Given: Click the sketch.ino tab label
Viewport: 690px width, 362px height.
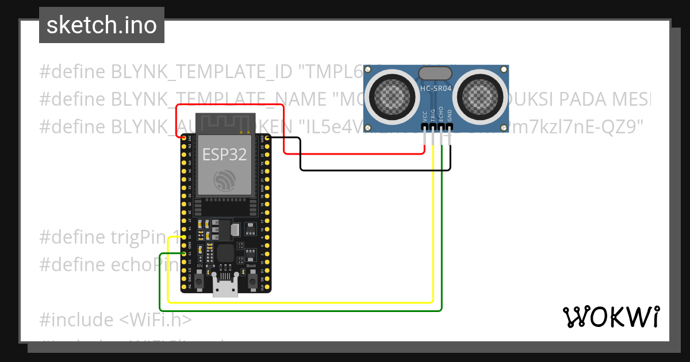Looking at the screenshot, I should coord(101,25).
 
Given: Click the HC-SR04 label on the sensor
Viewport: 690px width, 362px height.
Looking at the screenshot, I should coord(435,88).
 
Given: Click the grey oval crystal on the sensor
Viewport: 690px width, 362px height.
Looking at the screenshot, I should coord(435,73).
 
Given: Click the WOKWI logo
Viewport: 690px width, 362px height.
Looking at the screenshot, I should coord(611,317).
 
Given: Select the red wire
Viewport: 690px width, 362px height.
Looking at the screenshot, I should coord(230,105).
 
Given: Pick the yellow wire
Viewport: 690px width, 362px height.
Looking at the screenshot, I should coord(299,302).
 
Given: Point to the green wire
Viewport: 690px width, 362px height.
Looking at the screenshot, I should coord(299,311).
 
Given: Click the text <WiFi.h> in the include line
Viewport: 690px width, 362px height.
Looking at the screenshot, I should coord(156,319).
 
